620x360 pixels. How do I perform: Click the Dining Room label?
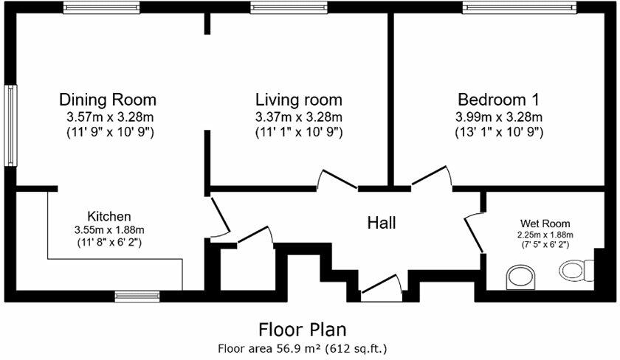tap(108, 100)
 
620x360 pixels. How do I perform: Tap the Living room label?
tap(298, 100)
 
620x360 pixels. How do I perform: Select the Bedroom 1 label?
tap(499, 100)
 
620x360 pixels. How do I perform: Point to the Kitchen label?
tap(109, 216)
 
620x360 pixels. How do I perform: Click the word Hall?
tap(382, 222)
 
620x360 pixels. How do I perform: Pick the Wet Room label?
tap(545, 223)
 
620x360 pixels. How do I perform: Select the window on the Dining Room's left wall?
tap(11, 125)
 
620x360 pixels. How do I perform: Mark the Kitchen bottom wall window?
tap(137, 296)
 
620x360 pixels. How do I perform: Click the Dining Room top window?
tap(100, 7)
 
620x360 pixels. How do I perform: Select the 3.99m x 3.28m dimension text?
tap(499, 117)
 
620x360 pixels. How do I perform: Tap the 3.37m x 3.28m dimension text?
tap(298, 117)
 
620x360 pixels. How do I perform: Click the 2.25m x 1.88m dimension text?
tap(545, 235)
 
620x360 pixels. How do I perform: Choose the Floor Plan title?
tap(303, 328)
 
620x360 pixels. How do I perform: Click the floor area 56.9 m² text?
tap(303, 347)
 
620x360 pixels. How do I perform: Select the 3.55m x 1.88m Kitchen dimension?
tap(109, 229)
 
